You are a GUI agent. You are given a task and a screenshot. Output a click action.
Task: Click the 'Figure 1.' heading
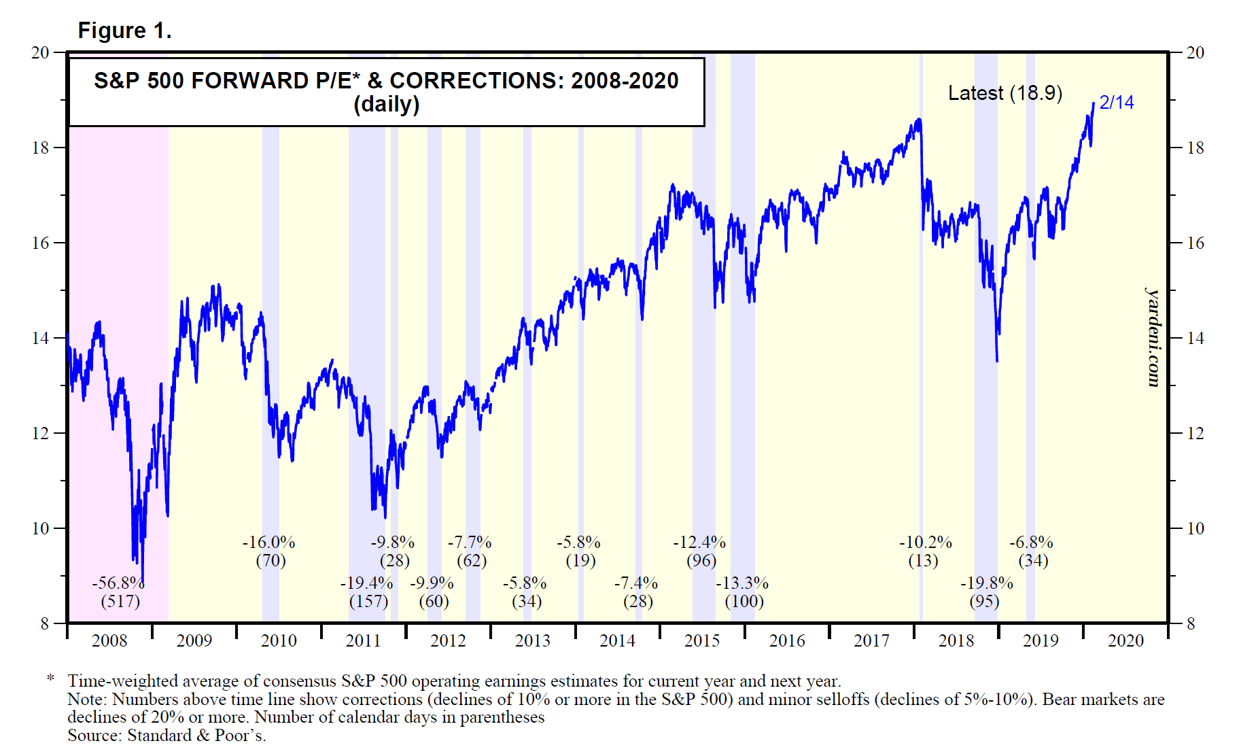coord(124,31)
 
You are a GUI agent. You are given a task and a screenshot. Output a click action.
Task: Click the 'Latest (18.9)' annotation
coord(1004,93)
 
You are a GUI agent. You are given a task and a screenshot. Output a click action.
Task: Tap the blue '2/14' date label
coord(1116,103)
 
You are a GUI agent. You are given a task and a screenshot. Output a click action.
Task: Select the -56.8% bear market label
coord(118,583)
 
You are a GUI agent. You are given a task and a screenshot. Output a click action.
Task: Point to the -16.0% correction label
coord(268,543)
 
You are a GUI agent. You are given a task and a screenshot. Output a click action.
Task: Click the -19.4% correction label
coord(366,583)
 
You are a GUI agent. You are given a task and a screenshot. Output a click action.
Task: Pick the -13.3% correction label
coord(742,583)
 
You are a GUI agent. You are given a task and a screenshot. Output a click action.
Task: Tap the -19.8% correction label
coord(986,583)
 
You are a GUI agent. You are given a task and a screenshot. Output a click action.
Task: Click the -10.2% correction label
coord(926,543)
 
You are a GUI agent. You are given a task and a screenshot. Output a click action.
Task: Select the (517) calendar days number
coord(120,602)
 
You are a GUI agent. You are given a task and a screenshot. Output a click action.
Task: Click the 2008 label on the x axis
coord(109,641)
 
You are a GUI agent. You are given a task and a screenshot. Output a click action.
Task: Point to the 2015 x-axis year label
coord(702,641)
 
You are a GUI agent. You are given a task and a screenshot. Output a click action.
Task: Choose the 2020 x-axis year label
coord(1125,641)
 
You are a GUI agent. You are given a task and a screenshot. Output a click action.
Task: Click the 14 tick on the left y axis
coord(40,338)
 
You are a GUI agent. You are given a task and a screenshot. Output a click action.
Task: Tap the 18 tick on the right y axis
coord(1195,148)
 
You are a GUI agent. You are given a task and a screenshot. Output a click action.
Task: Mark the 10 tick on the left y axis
coord(40,528)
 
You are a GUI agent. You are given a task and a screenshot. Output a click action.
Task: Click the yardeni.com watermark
coord(1153,337)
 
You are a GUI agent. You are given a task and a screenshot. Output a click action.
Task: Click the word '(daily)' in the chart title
coord(386,105)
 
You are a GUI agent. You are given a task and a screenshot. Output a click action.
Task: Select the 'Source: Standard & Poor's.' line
coord(167,736)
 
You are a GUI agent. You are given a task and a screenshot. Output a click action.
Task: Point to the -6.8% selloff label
coord(1031,543)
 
